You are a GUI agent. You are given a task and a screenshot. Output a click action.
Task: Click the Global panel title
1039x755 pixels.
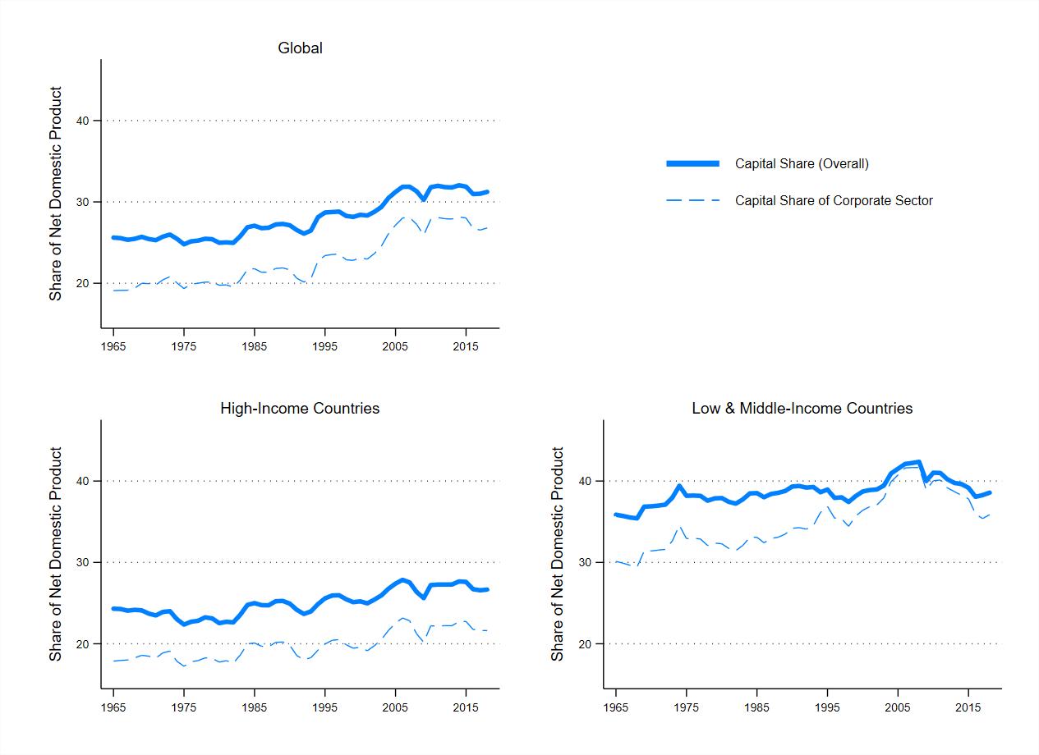coord(300,48)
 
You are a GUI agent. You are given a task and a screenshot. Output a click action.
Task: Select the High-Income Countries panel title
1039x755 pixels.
coord(300,409)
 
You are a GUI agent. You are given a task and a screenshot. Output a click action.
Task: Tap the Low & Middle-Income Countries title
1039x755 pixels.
coord(802,409)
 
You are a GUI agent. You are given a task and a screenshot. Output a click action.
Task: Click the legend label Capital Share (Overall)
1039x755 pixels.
coord(802,163)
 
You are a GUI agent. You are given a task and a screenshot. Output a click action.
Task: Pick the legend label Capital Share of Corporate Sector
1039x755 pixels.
coord(834,201)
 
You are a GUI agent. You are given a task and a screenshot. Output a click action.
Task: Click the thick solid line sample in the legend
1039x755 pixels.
coord(692,163)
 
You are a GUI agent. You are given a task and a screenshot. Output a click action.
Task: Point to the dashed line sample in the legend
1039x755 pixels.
coord(692,201)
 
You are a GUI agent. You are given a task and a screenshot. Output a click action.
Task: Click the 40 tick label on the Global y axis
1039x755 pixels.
coord(83,121)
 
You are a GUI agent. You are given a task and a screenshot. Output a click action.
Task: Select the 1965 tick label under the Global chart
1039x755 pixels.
coord(113,346)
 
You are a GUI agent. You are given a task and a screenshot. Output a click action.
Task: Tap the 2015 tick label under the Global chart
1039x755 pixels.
coord(465,346)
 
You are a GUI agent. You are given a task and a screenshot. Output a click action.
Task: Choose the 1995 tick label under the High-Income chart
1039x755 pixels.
coord(324,707)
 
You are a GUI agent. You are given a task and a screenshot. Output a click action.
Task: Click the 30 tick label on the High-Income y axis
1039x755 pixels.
coord(83,563)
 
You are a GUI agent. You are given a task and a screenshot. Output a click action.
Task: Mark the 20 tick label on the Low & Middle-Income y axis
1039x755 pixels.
coord(585,644)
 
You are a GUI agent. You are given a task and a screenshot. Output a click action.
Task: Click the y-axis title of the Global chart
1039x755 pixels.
coord(56,194)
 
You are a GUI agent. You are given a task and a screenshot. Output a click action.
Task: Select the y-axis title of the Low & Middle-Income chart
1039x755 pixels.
coord(557,554)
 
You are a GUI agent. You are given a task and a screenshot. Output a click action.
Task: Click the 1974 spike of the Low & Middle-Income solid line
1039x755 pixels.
coord(679,486)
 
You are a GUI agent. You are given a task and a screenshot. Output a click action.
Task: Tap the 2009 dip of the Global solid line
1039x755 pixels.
coord(423,199)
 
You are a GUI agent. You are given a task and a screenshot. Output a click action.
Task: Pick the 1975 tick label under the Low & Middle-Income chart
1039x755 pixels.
coord(686,707)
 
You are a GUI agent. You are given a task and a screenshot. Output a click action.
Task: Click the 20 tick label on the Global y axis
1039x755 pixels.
coord(83,284)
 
